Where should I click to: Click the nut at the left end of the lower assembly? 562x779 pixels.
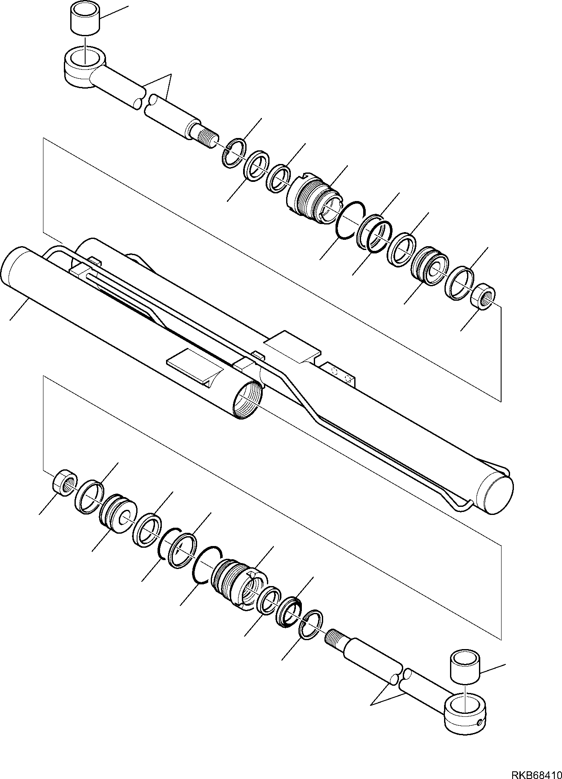tap(64, 483)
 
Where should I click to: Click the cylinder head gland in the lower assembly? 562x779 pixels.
tap(238, 580)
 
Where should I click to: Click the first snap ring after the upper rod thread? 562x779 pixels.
tap(234, 153)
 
